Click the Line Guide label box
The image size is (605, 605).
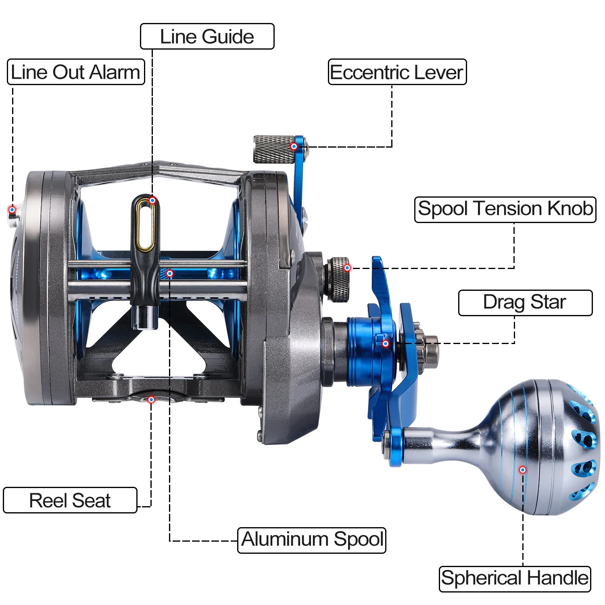coord(207,36)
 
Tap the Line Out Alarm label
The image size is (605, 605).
coord(76,72)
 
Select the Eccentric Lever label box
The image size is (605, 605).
coord(397,72)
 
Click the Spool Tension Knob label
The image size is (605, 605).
coord(505,209)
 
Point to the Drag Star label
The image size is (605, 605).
coord(526,302)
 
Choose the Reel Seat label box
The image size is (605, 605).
coord(70,500)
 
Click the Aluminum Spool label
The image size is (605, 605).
coord(312,540)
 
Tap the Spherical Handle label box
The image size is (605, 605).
coord(515,579)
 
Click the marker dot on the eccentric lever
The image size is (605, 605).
coord(294,146)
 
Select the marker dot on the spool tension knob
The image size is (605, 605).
coord(347,268)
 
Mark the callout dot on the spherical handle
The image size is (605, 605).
coord(523,470)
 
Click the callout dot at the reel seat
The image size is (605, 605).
coord(151,400)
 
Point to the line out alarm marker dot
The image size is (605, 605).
coord(12,210)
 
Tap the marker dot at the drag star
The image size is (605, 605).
coord(386,344)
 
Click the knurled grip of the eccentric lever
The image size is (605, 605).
coord(274,149)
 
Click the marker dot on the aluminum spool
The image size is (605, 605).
coord(170,273)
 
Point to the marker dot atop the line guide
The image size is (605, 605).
coord(152,200)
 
